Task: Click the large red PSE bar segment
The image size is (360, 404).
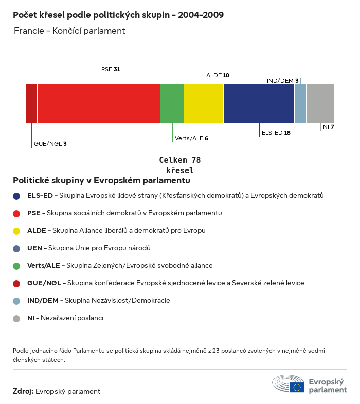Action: [99, 104]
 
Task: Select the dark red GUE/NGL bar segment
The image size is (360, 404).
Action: [31, 104]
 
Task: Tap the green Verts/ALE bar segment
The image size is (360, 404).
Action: [172, 104]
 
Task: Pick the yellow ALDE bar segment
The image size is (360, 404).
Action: [204, 104]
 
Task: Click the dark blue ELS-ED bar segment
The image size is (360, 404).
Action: [259, 104]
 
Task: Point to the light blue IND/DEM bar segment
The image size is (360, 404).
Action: [300, 104]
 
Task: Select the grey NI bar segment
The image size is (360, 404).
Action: [320, 104]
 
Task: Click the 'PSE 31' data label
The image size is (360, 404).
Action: [111, 69]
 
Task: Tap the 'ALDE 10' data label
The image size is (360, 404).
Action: [218, 75]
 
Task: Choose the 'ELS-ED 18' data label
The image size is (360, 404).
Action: [276, 133]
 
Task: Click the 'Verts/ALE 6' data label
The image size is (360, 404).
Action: [191, 138]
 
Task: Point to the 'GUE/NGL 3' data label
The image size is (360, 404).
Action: [50, 144]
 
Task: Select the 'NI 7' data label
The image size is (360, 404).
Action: [329, 127]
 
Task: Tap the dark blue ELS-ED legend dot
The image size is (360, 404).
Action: [16, 196]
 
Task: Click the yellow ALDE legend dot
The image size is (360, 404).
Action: [16, 231]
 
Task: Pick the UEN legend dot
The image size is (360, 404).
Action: [16, 248]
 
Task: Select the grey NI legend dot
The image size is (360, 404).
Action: [16, 318]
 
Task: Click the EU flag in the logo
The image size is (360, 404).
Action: [297, 387]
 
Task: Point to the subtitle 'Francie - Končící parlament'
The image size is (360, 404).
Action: [69, 31]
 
